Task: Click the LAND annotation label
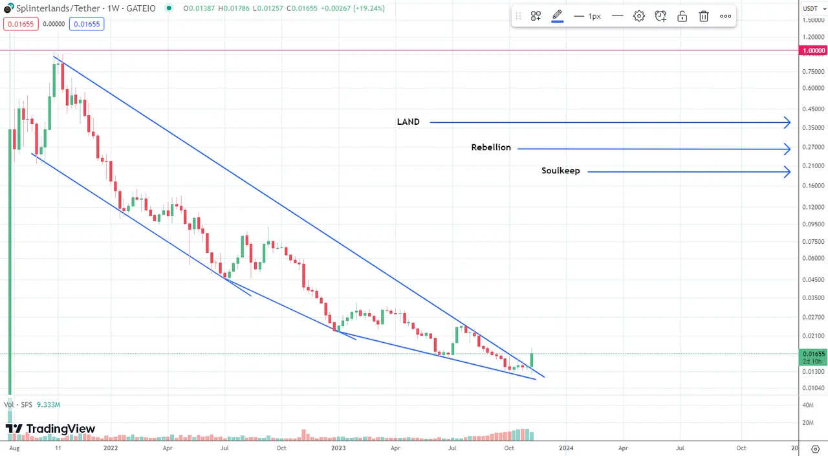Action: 408,122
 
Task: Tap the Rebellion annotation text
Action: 491,147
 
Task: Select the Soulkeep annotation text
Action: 560,171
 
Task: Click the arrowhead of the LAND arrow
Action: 787,122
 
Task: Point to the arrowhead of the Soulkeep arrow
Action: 787,171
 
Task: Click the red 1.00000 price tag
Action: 813,50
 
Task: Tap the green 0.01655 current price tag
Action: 813,354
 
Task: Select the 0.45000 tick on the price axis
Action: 813,109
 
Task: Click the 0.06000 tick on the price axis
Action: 813,259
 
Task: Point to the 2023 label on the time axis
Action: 338,448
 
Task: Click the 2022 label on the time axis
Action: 110,448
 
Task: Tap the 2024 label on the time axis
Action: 565,448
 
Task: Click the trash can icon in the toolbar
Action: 704,16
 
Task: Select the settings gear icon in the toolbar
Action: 638,16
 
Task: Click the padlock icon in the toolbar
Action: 682,16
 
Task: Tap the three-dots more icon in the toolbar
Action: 726,16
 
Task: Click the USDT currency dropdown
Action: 812,8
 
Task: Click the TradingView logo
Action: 50,429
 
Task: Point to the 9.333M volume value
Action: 49,405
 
